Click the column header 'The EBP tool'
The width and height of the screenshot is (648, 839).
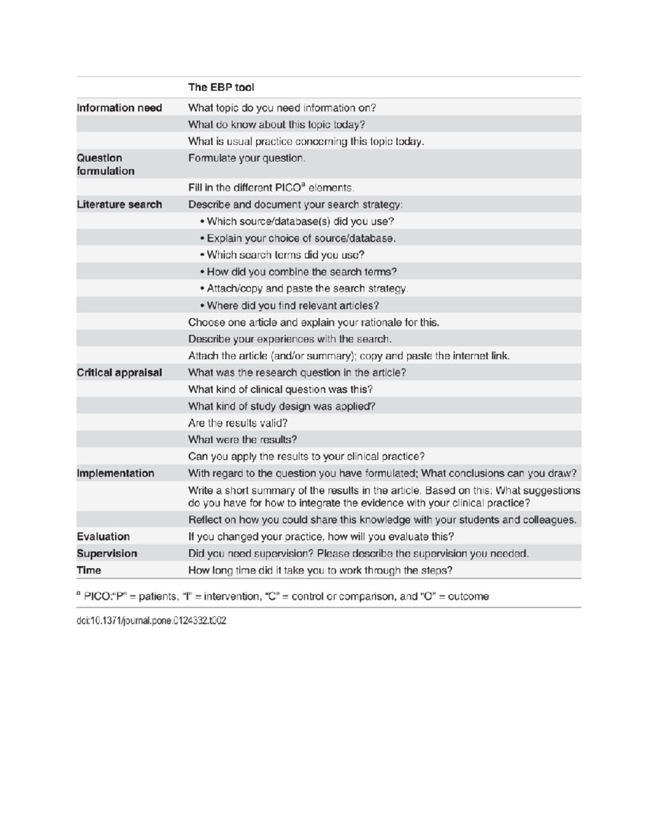[x=221, y=88]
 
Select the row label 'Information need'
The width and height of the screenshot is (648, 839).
[x=119, y=108]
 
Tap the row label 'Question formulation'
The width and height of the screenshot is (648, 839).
[x=106, y=165]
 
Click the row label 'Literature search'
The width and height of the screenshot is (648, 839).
[x=119, y=205]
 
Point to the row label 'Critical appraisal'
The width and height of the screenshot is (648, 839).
[x=119, y=373]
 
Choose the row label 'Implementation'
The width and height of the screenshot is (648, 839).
[x=116, y=474]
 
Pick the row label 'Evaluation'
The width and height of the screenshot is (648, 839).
[x=103, y=537]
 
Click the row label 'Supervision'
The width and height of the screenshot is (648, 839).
[x=107, y=554]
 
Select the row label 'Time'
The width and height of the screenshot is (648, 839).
[x=89, y=570]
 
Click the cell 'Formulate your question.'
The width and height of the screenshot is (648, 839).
[x=247, y=158]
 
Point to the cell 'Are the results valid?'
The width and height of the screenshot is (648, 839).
[x=238, y=423]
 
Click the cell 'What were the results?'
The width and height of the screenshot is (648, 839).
[x=242, y=440]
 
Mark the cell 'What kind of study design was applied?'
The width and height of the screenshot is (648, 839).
[x=281, y=406]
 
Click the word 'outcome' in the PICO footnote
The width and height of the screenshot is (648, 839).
[x=468, y=597]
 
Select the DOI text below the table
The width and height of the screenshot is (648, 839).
[x=151, y=621]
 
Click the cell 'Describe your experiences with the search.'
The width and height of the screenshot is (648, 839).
[x=289, y=339]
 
